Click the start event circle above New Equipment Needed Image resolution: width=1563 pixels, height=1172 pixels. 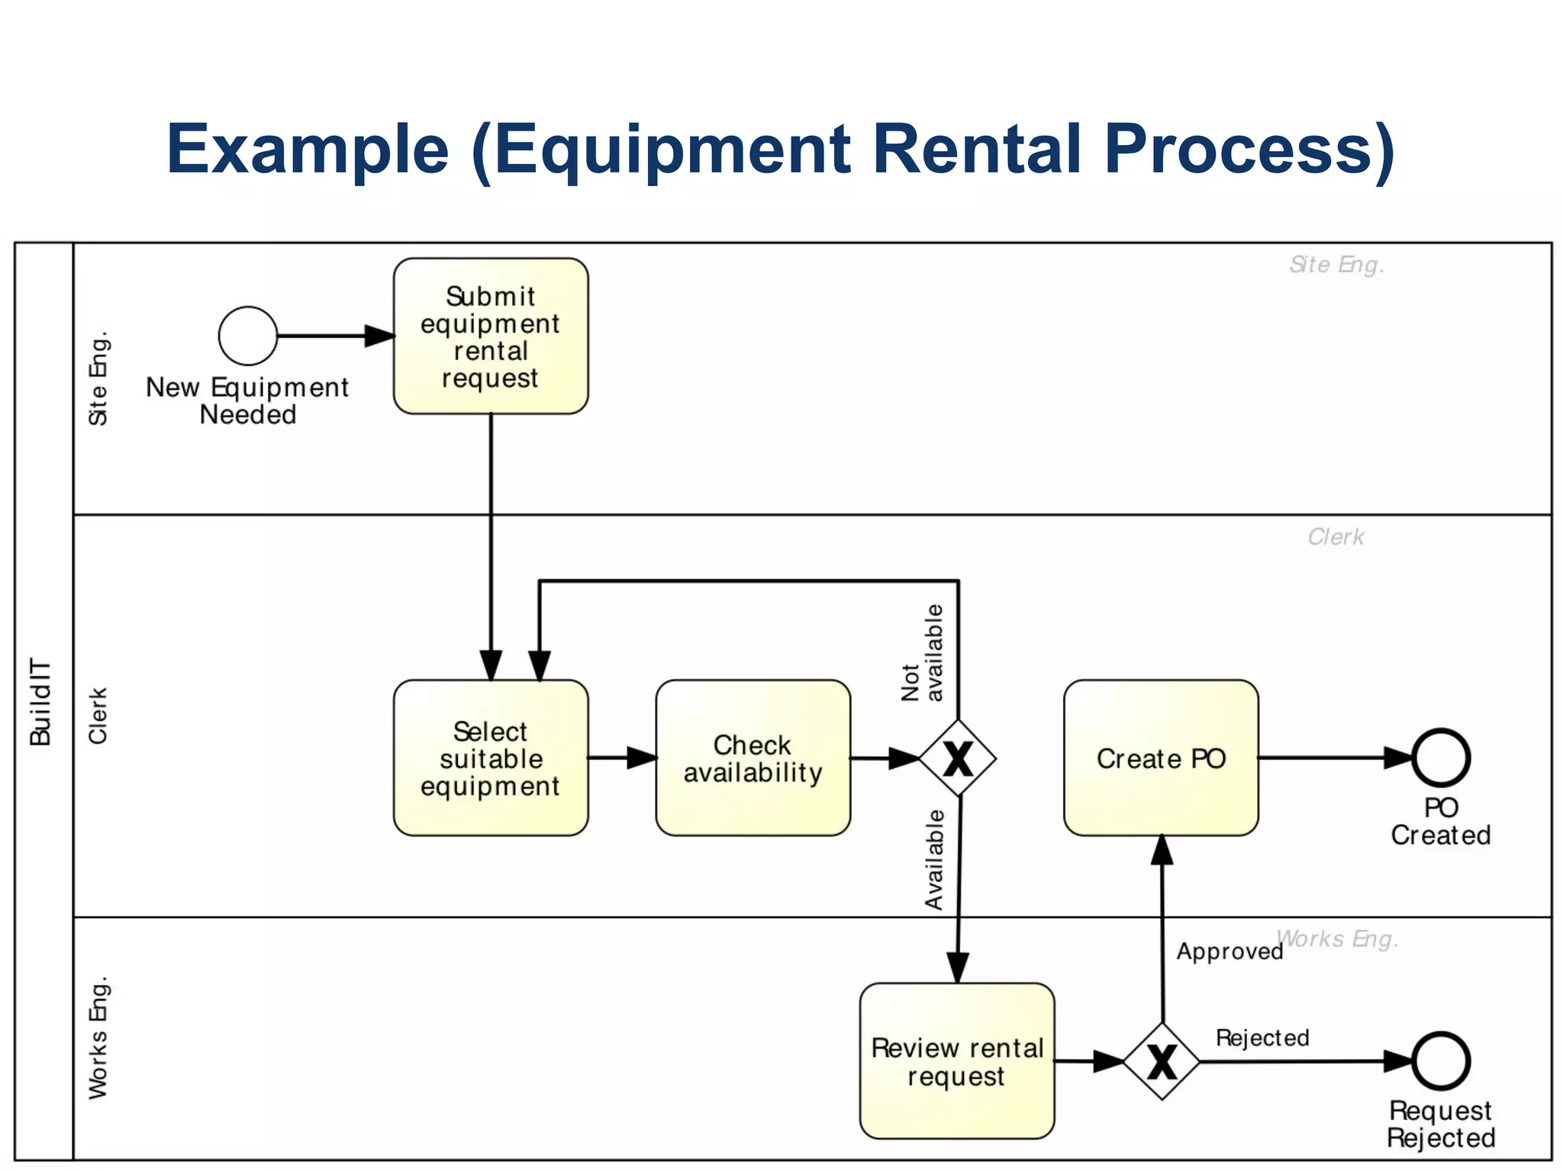click(x=247, y=336)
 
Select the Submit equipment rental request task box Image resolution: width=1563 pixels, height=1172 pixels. click(x=491, y=336)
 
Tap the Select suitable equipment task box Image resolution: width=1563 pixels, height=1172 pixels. click(x=491, y=758)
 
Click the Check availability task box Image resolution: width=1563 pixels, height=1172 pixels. click(x=752, y=758)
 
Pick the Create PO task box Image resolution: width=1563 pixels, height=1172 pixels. click(x=1161, y=758)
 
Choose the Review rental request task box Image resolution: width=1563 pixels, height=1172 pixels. click(x=957, y=1061)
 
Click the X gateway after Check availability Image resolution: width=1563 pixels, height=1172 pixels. click(x=958, y=758)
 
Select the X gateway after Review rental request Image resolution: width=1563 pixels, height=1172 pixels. click(x=1162, y=1061)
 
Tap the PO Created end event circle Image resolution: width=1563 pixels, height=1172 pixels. click(x=1440, y=758)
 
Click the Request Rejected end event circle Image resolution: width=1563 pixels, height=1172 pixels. click(x=1440, y=1061)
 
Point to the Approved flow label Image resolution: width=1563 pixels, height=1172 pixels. click(x=1229, y=951)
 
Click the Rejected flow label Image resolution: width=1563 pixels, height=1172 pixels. click(x=1262, y=1038)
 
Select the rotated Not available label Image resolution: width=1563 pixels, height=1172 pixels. click(x=923, y=653)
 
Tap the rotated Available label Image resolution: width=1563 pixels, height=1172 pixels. click(x=934, y=860)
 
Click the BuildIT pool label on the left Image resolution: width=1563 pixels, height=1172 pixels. click(x=40, y=702)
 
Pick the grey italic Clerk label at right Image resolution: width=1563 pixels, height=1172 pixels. click(x=1336, y=537)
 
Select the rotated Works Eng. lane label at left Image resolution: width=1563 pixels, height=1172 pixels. click(x=98, y=1038)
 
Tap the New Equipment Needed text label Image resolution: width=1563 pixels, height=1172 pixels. click(x=247, y=401)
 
